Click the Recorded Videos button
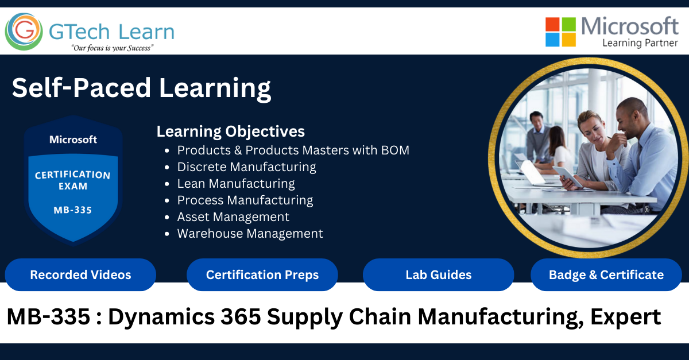(80, 275)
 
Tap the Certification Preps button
(262, 275)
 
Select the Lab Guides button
(438, 275)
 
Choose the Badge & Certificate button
(606, 275)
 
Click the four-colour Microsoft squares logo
(560, 32)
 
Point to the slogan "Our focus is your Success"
(111, 48)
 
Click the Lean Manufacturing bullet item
(236, 184)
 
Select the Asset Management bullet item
(233, 217)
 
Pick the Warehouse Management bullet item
(250, 234)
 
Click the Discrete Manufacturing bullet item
(246, 167)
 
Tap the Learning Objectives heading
(230, 131)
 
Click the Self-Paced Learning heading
(141, 88)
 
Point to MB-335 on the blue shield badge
(72, 210)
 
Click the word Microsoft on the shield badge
(73, 140)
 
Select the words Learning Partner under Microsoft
(640, 43)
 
